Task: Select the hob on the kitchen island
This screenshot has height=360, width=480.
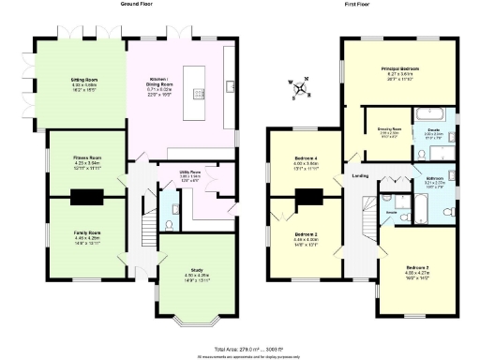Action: [x=199, y=93]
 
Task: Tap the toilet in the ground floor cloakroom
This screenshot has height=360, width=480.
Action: [x=166, y=225]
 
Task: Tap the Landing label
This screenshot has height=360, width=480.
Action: [x=359, y=175]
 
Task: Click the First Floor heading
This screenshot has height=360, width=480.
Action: [x=361, y=4]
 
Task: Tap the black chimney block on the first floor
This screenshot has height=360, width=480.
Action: [x=307, y=198]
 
